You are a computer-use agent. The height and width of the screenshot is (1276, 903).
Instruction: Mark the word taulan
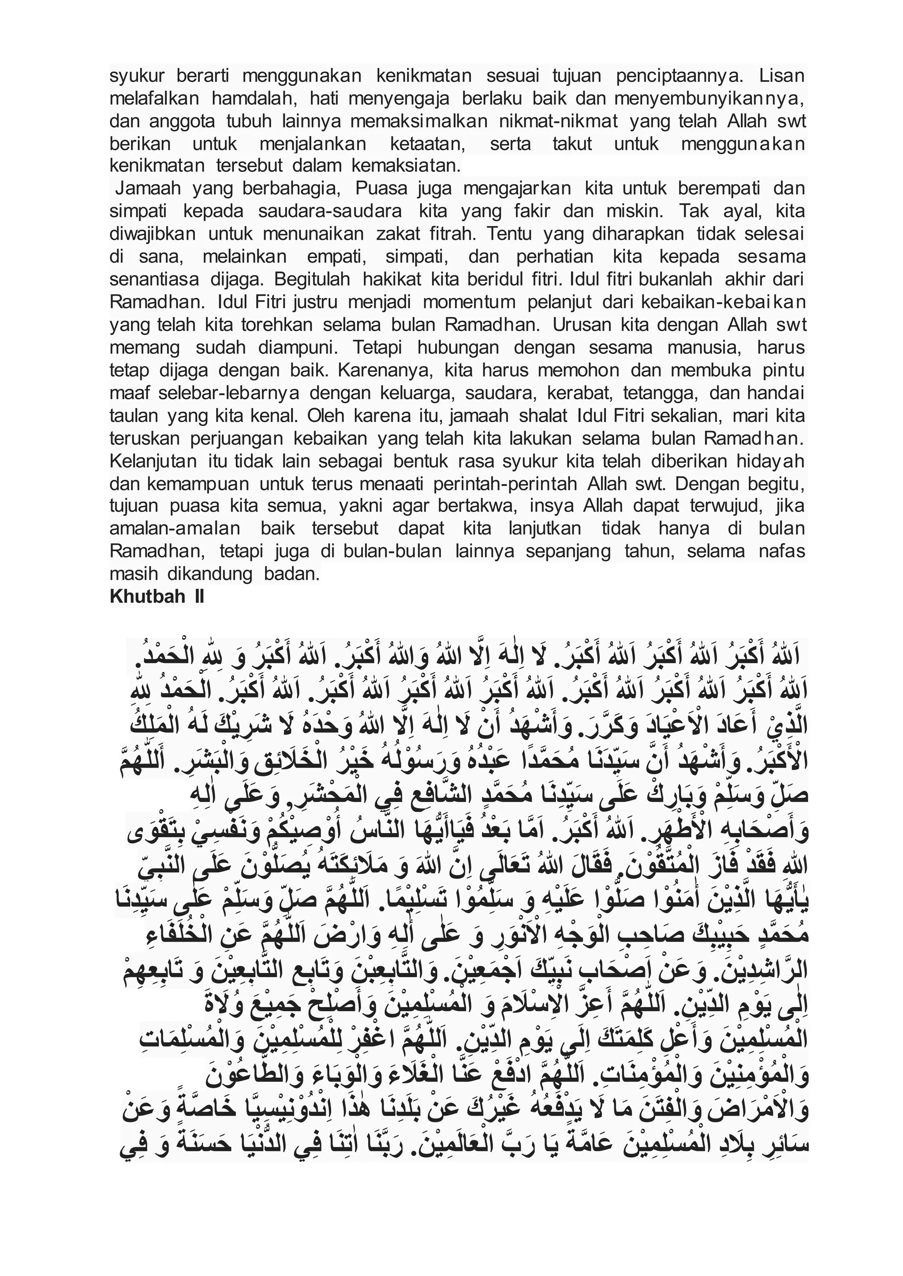point(131,415)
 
